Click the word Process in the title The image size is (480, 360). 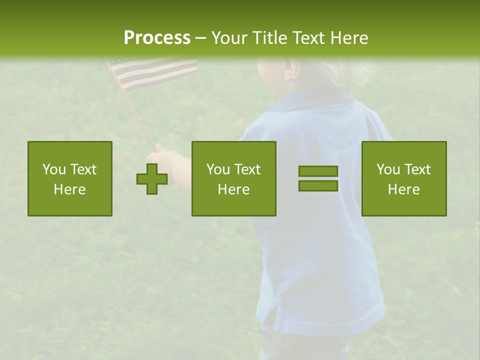click(x=157, y=38)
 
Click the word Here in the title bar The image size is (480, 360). click(x=349, y=38)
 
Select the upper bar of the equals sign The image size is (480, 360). click(x=318, y=171)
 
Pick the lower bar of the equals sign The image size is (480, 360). click(x=318, y=185)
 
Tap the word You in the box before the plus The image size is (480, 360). click(x=53, y=169)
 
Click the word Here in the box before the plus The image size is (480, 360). click(x=69, y=189)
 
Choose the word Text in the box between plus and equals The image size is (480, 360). click(x=247, y=169)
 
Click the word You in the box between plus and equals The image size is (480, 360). click(x=218, y=169)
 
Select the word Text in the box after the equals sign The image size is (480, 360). click(x=417, y=169)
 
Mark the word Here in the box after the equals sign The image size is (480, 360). click(x=403, y=189)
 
